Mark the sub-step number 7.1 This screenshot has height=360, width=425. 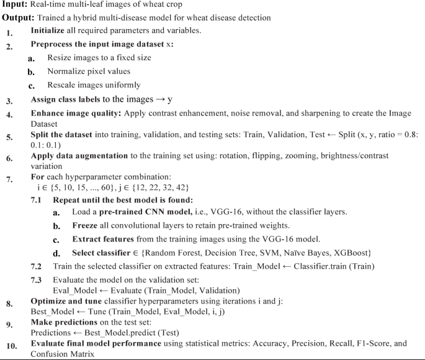(x=37, y=200)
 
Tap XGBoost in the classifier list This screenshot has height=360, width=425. (x=351, y=253)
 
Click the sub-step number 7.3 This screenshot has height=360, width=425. (x=37, y=281)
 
